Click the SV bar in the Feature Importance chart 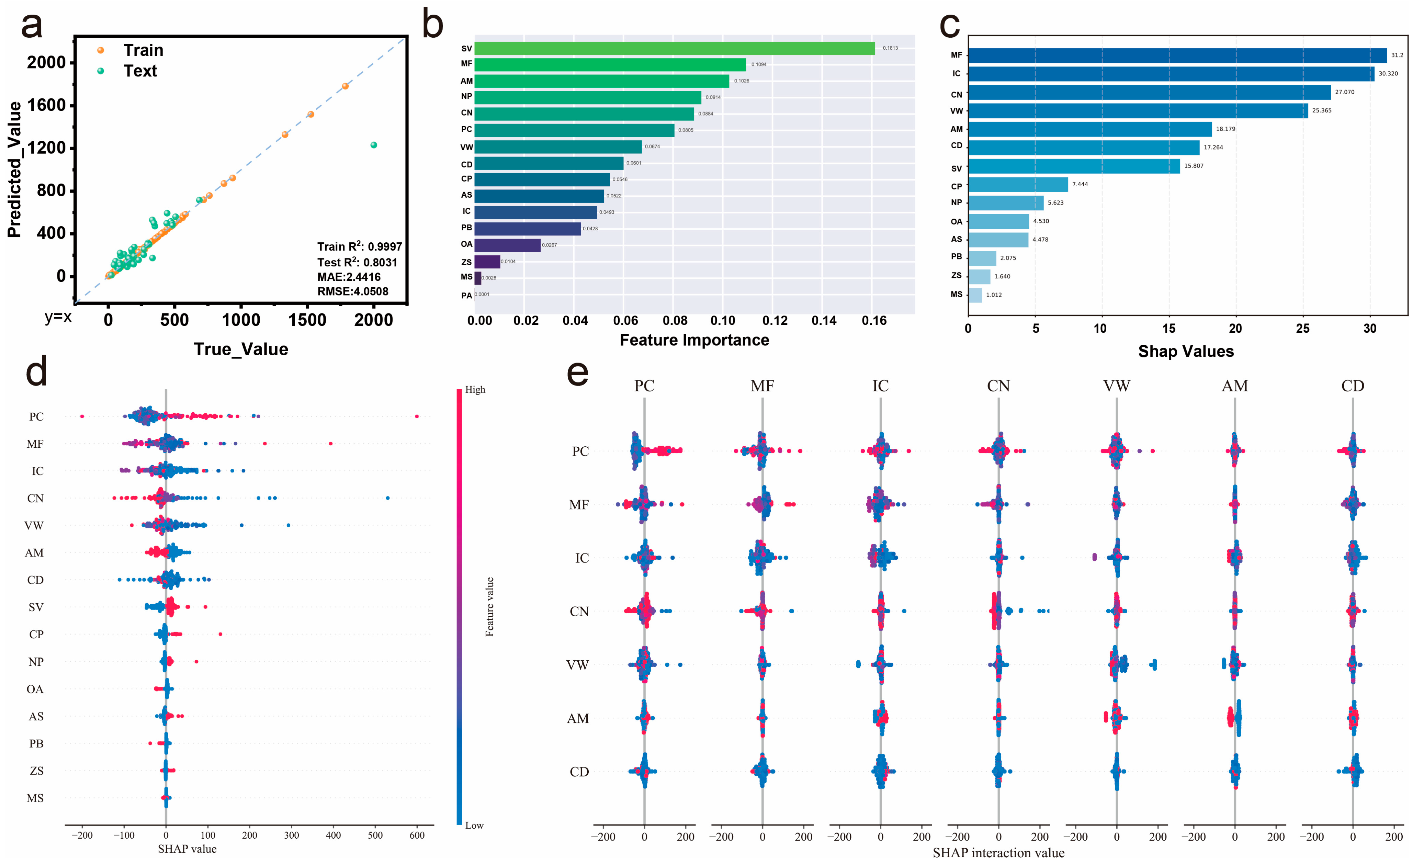(674, 48)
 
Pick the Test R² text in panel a (357, 262)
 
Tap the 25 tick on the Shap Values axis (1303, 329)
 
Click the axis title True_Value (241, 349)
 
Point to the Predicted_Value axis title (14, 170)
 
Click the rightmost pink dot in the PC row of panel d (417, 416)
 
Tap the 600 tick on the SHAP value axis (417, 835)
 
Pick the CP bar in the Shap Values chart (1018, 185)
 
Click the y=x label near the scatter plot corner (58, 317)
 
